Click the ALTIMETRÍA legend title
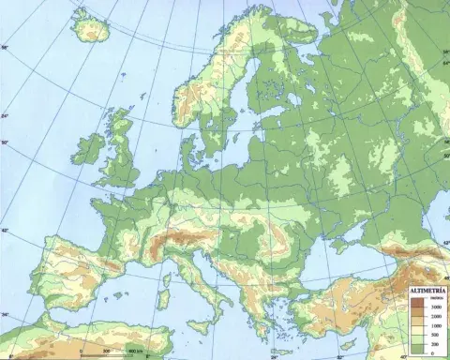click(427, 292)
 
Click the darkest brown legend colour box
click(418, 303)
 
